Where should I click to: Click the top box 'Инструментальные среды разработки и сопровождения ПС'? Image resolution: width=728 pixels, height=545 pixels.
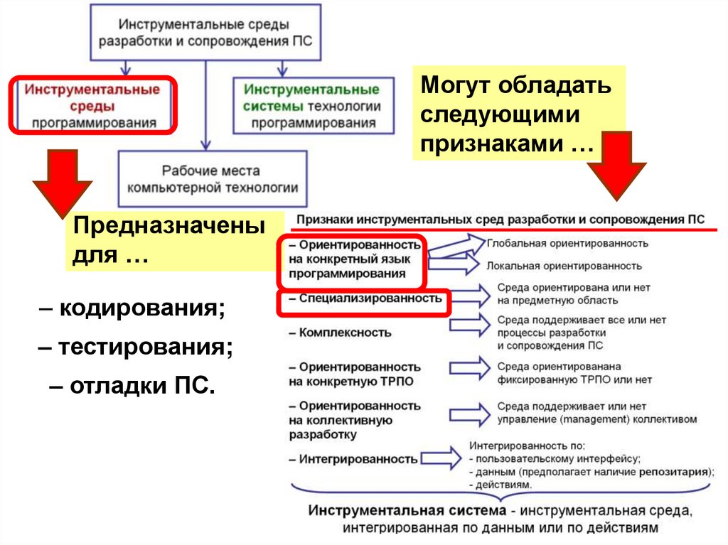[x=205, y=32]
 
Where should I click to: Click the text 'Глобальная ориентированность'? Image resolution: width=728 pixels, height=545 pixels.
[x=567, y=243]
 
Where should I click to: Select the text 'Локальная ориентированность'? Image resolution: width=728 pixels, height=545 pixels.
[x=564, y=266]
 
